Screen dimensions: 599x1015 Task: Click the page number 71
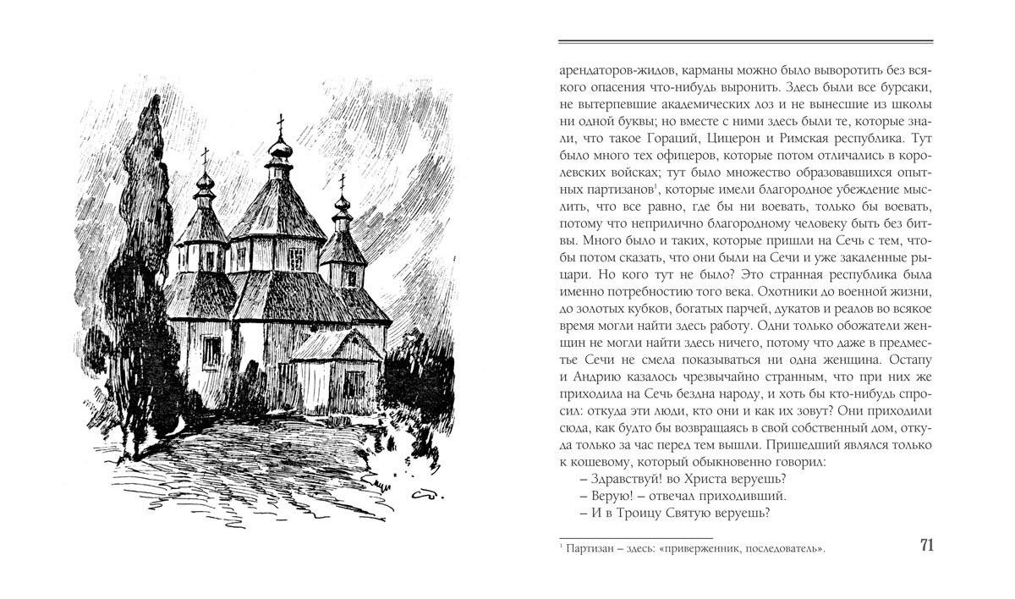925,545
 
